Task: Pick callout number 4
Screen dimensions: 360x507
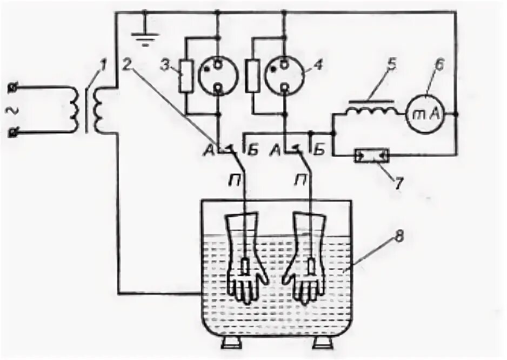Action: pos(319,66)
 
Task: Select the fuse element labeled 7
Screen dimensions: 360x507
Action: pos(371,157)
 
